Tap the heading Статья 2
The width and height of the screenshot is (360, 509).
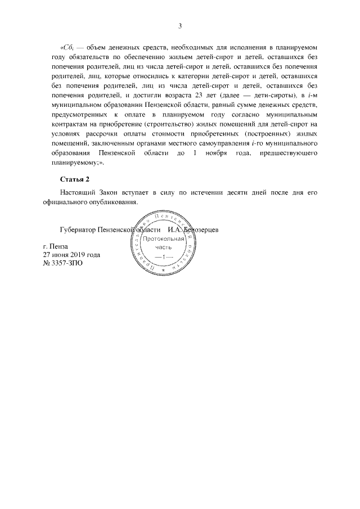75,179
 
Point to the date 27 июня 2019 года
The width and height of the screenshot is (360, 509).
71,254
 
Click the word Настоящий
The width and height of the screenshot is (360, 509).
79,193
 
